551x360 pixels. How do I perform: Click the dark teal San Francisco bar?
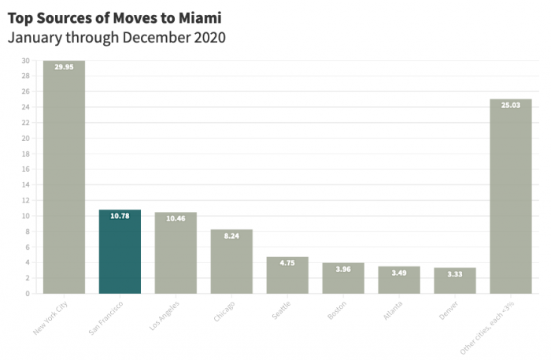[x=120, y=252]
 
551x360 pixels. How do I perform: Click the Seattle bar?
[x=287, y=276]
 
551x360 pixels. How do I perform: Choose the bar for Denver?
[x=455, y=281]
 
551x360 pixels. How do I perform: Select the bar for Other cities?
[x=511, y=197]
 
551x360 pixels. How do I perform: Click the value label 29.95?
[x=64, y=67]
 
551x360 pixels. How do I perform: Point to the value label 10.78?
[x=120, y=216]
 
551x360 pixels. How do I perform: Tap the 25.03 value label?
[x=511, y=105]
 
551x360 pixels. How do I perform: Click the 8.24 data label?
[x=231, y=236]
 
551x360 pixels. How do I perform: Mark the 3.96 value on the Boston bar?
[x=343, y=269]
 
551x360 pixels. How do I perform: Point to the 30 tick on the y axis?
[x=26, y=61]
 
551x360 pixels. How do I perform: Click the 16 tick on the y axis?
[x=26, y=169]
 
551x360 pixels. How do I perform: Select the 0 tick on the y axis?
[x=28, y=294]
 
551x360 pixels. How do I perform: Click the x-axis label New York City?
[x=51, y=317]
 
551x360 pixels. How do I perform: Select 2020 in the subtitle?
[x=209, y=37]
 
